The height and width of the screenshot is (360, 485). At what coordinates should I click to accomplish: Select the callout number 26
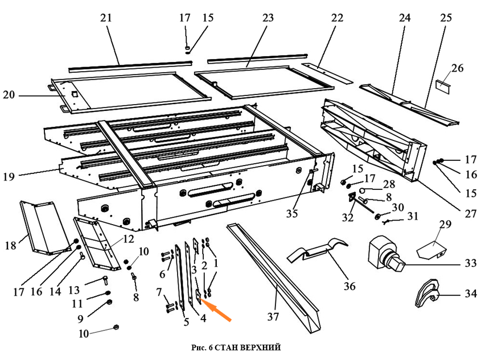[457, 69]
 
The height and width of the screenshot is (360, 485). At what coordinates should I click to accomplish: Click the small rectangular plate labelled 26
[443, 86]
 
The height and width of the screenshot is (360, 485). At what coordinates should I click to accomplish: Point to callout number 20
[9, 95]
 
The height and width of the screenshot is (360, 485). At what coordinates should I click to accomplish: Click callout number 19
[9, 177]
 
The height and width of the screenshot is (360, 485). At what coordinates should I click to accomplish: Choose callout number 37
[274, 316]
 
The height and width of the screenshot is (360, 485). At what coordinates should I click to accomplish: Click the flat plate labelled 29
[432, 249]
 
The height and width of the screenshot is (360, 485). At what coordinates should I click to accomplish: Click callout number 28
[389, 185]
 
